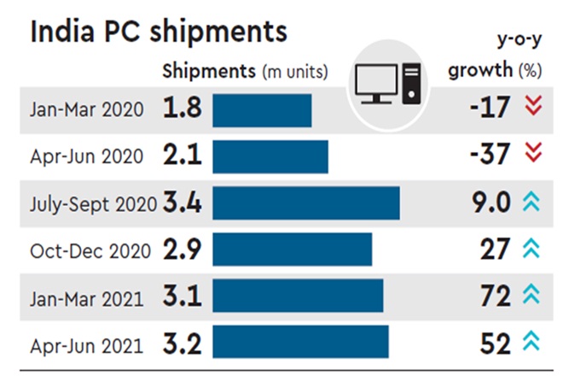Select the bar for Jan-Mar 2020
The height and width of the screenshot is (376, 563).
[262, 109]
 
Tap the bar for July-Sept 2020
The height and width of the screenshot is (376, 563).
[306, 203]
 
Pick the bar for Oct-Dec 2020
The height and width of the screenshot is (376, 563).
[292, 250]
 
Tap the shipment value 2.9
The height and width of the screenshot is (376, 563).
[182, 250]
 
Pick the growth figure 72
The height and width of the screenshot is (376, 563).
[494, 297]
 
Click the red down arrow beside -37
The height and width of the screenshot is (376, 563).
[533, 155]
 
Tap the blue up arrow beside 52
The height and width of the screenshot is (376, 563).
[533, 344]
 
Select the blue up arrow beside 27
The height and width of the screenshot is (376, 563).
[533, 250]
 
